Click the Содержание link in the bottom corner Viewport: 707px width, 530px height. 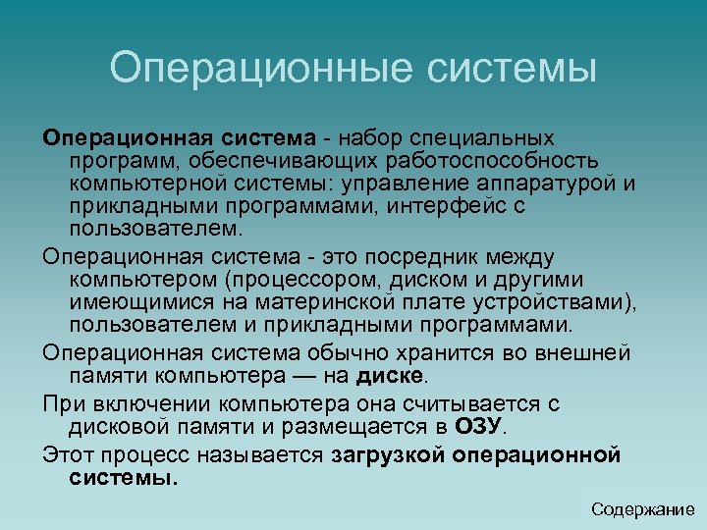click(x=642, y=509)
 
